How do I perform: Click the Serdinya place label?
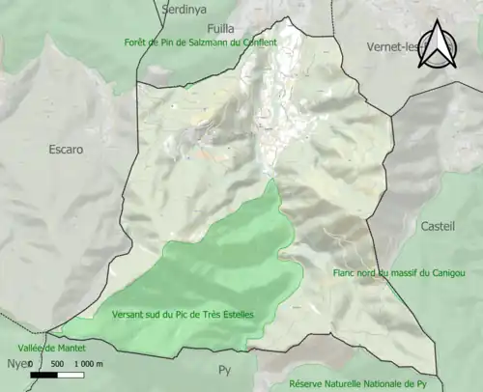click(x=186, y=9)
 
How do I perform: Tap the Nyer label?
click(x=16, y=365)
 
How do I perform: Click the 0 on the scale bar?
click(x=31, y=364)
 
